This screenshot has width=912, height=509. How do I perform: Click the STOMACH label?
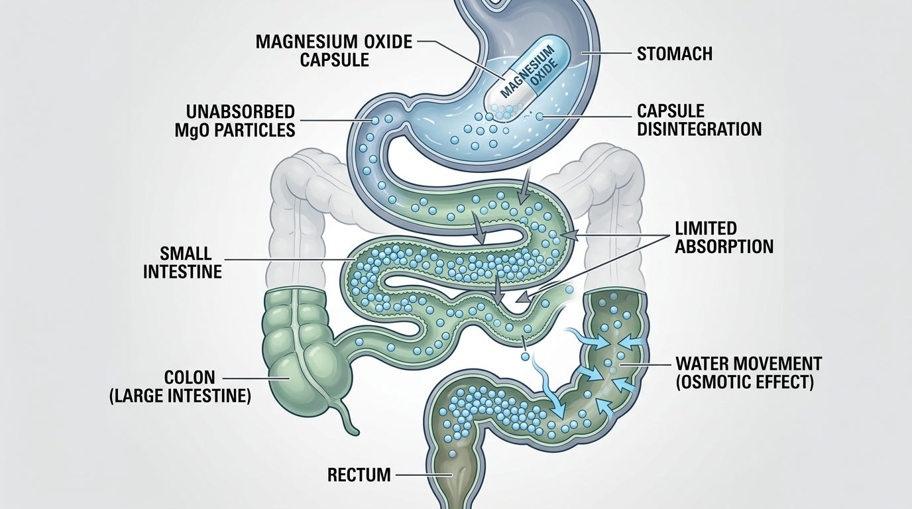(674, 53)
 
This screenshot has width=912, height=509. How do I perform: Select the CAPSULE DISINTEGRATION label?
(699, 119)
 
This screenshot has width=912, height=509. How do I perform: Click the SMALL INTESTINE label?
(182, 262)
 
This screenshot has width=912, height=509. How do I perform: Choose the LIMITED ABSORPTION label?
(724, 237)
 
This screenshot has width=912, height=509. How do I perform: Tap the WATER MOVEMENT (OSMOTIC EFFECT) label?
(748, 372)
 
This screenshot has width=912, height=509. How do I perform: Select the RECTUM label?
(359, 475)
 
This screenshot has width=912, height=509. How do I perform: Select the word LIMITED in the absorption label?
(706, 228)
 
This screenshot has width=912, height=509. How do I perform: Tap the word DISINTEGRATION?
(699, 129)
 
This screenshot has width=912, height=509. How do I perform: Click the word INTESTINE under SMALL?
(182, 271)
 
